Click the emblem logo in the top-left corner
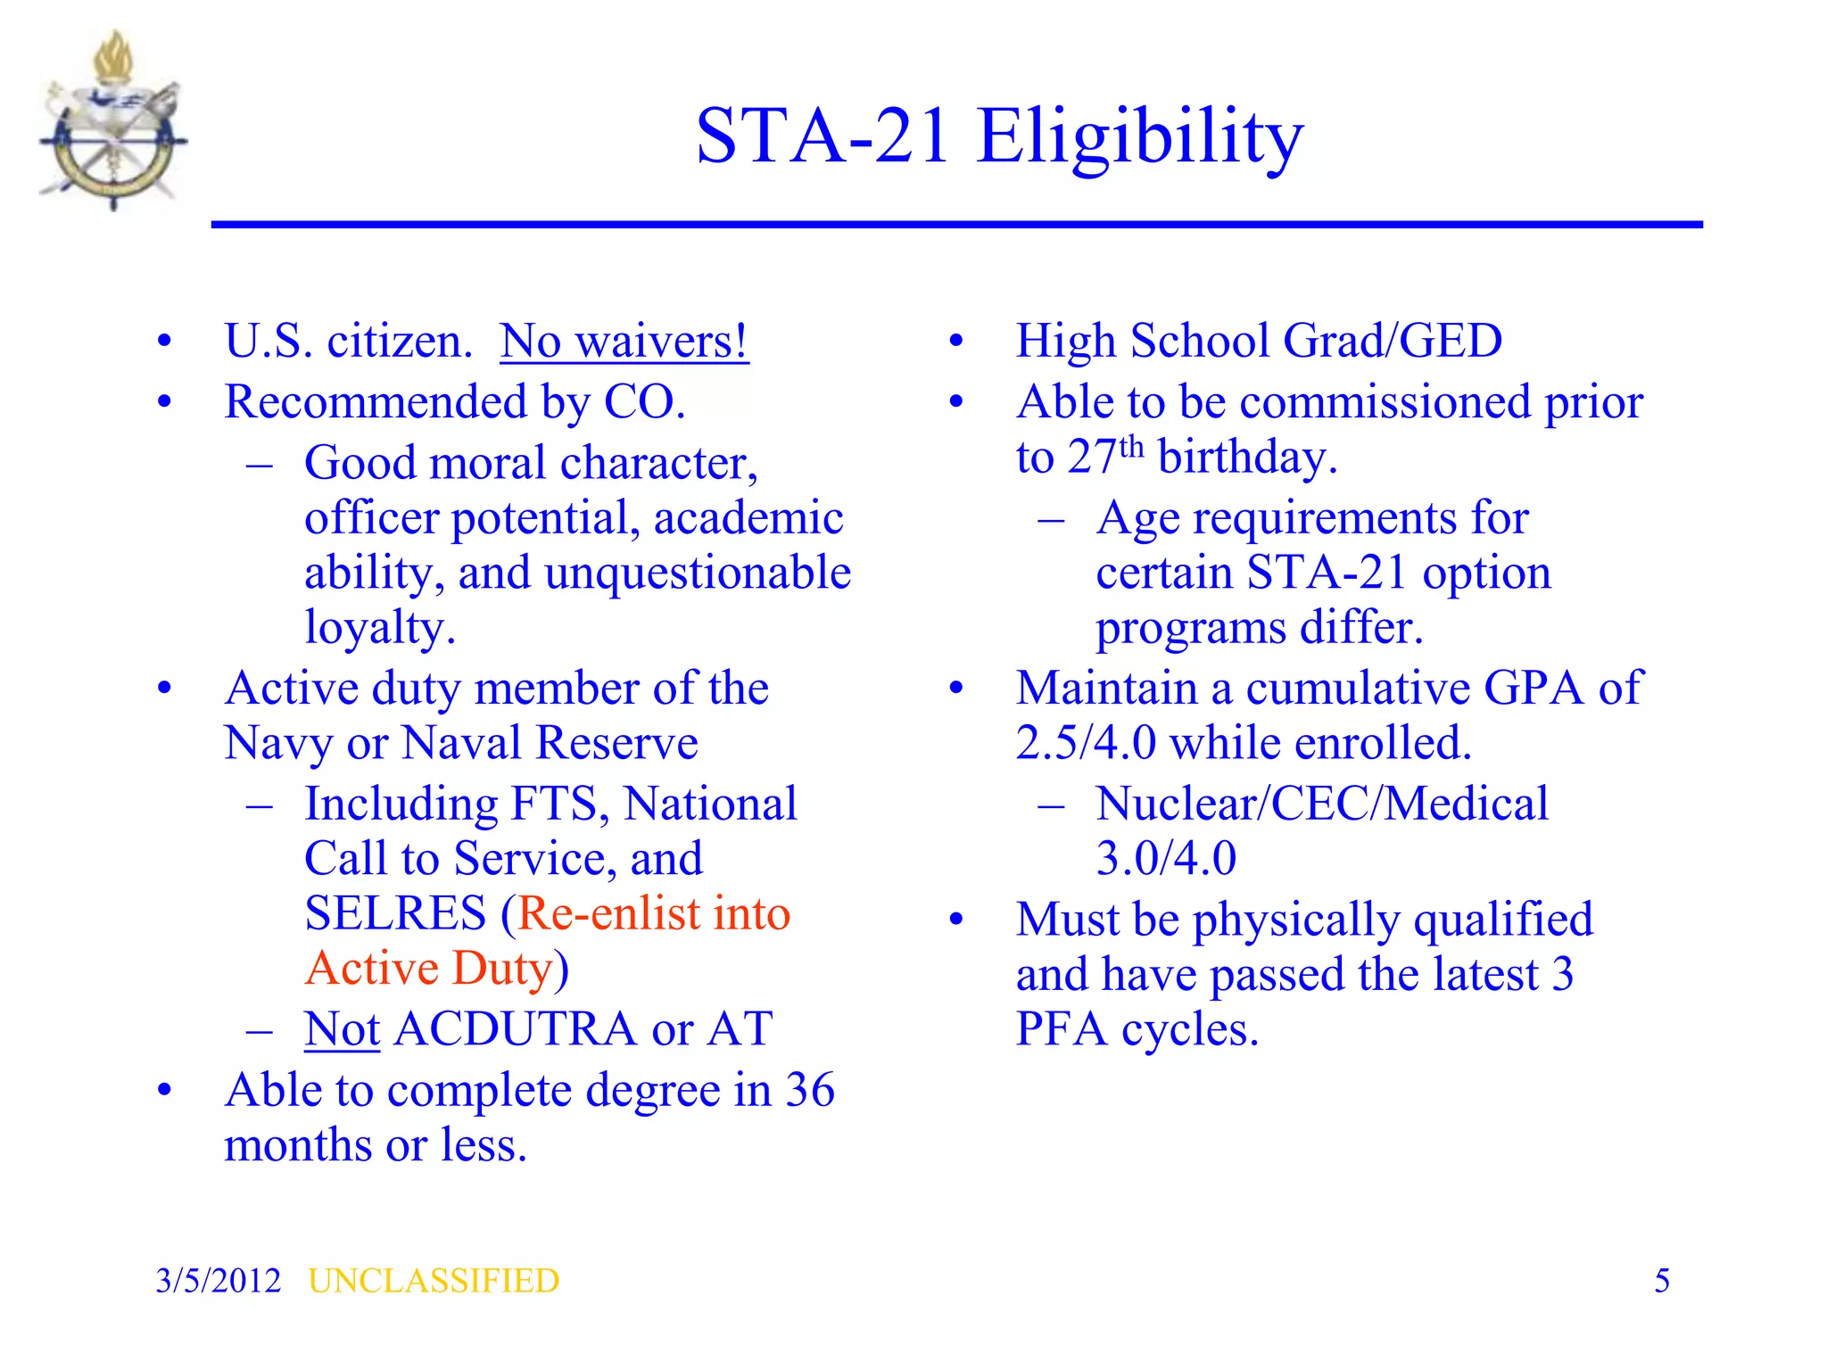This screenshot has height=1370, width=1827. tap(113, 120)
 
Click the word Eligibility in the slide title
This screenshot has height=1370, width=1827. tap(1140, 136)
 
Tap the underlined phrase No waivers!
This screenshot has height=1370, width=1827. tap(624, 342)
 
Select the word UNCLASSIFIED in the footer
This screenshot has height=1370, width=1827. tap(434, 1281)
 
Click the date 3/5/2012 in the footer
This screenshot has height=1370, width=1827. tap(218, 1281)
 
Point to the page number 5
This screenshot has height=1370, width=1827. tap(1661, 1281)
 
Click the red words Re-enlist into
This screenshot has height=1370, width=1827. tap(654, 914)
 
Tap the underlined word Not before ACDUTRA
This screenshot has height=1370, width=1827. tap(342, 1029)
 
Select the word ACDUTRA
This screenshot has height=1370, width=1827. tap(515, 1029)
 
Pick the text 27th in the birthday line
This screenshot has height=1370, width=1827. tap(1105, 456)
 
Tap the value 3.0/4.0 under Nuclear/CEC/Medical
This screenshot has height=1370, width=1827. tap(1165, 859)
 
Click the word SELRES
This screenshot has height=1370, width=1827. tap(395, 914)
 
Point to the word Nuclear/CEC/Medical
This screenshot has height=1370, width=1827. tap(1321, 804)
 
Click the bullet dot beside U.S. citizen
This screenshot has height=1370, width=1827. tap(164, 342)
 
